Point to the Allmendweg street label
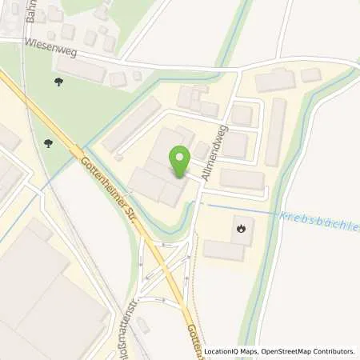217,151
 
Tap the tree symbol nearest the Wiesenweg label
58,82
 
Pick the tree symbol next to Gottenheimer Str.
50,144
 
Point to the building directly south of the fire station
223,250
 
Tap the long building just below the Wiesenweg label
81,70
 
